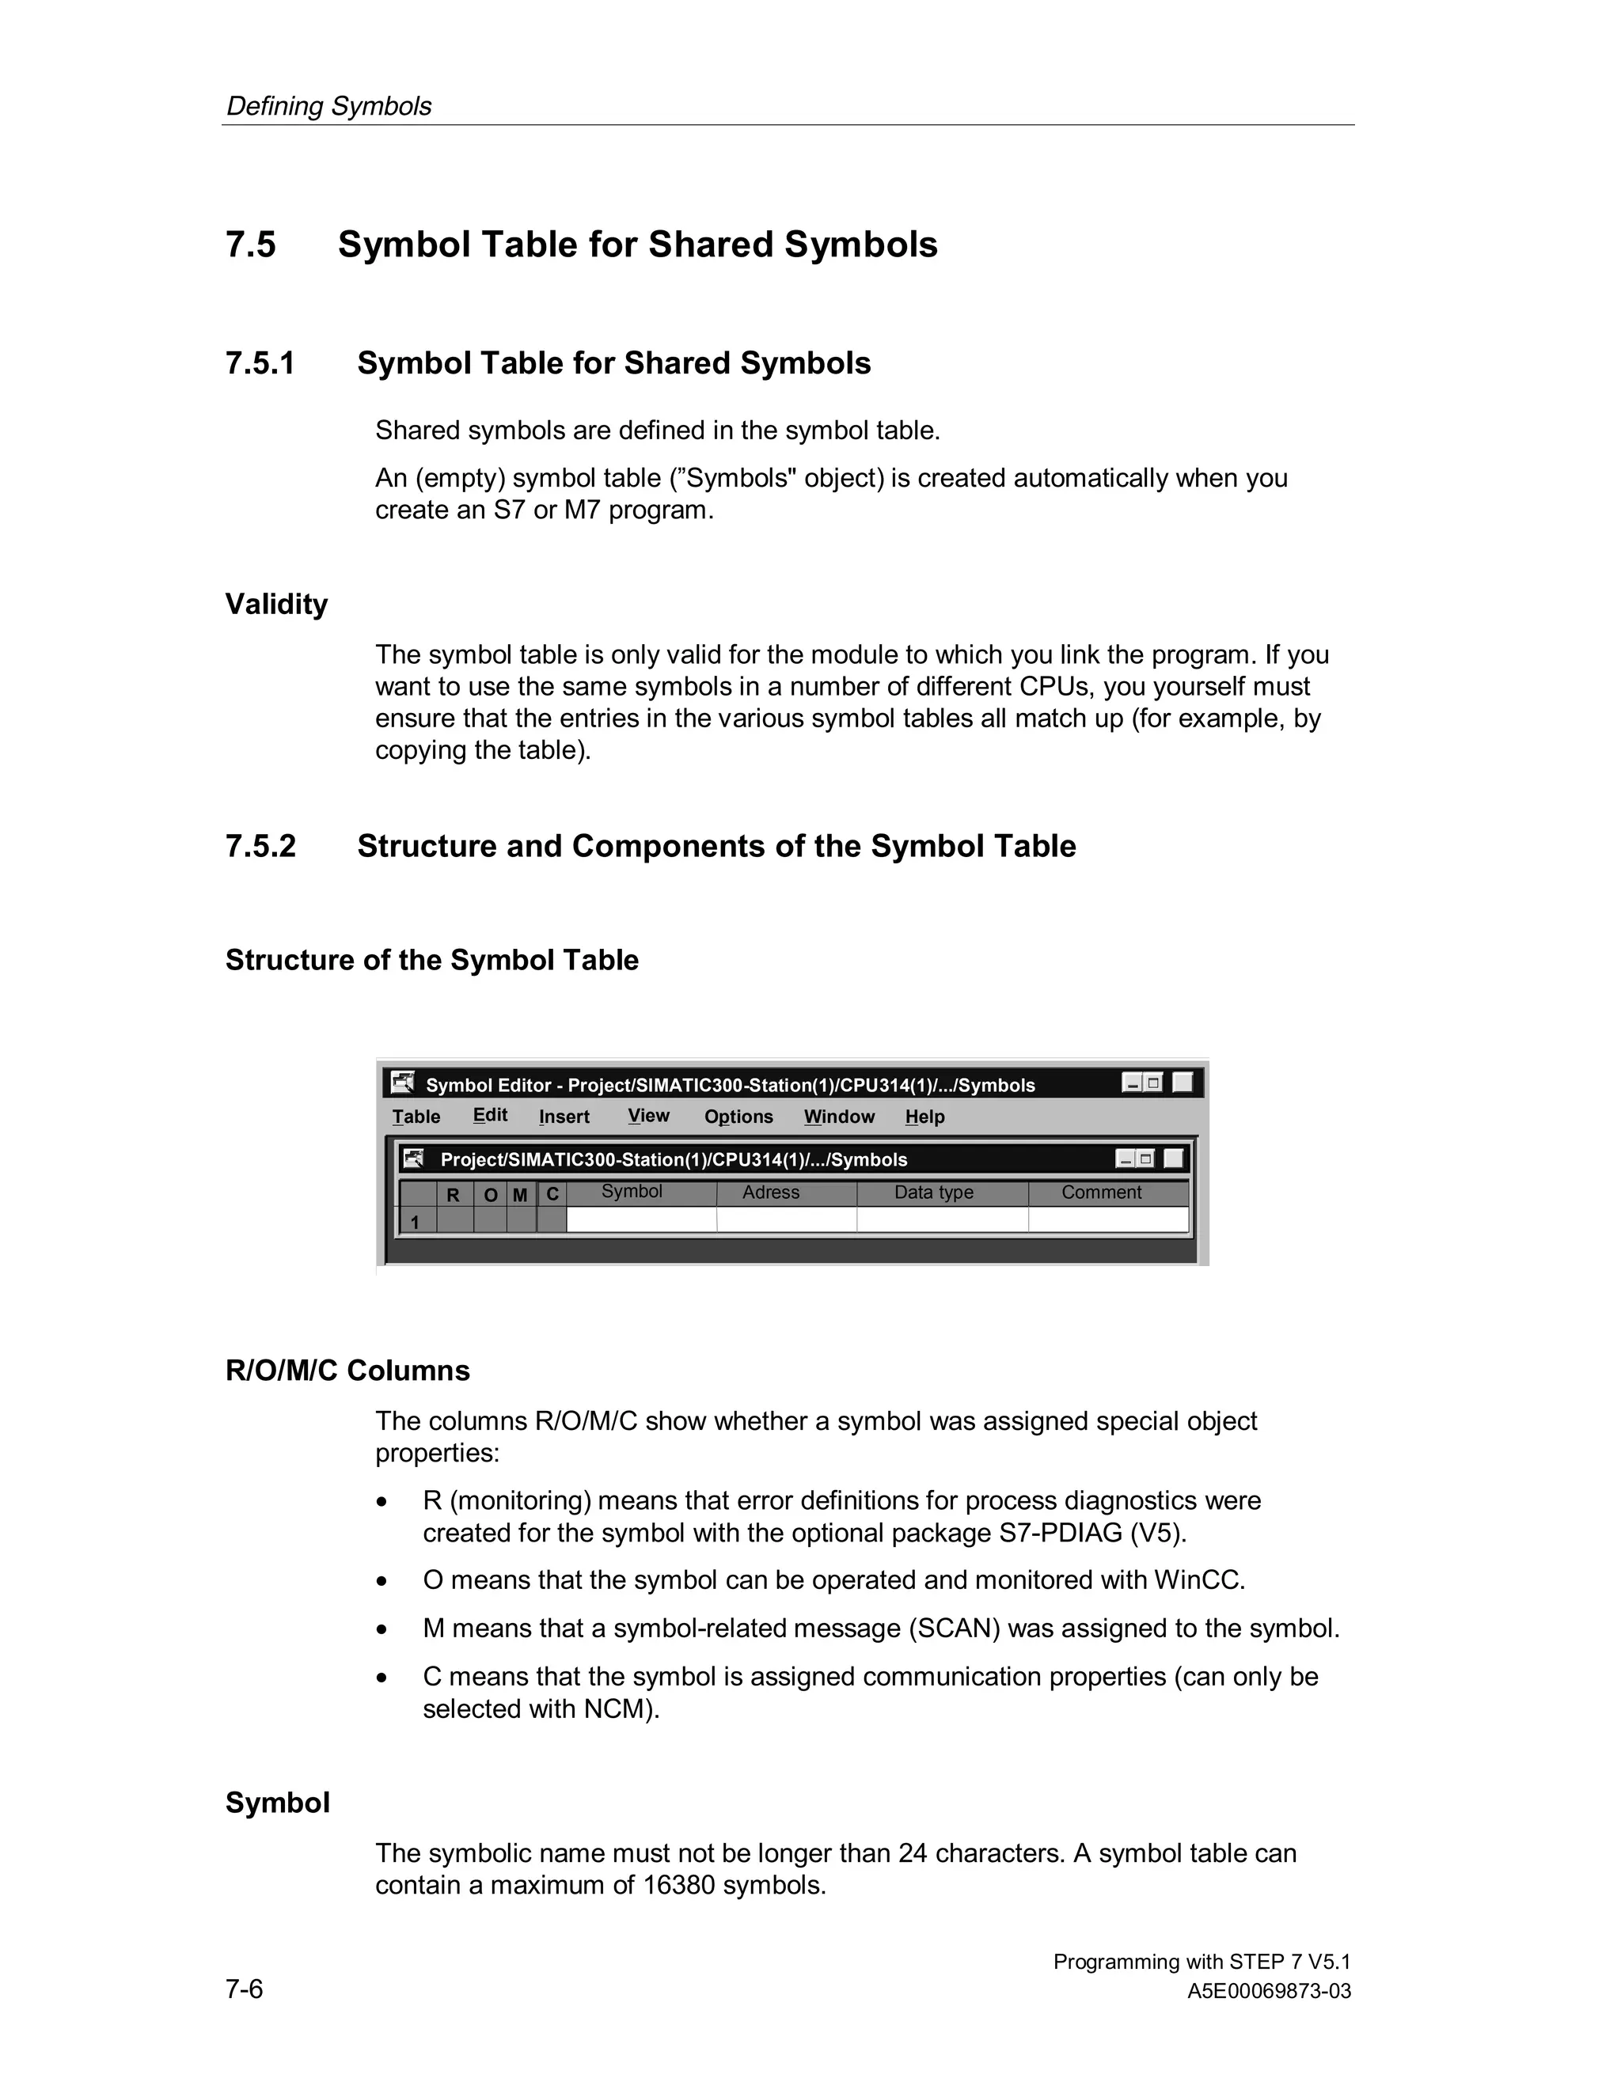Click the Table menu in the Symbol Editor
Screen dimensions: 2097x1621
coord(416,1117)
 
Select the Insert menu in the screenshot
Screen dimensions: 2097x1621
coord(564,1117)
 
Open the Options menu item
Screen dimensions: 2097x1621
coord(738,1117)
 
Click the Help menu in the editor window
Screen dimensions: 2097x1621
coord(924,1117)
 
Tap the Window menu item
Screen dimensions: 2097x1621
coord(839,1117)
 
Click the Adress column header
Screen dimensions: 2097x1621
coord(770,1193)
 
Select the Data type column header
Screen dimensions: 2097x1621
coord(933,1193)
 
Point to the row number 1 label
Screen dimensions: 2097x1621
coord(415,1223)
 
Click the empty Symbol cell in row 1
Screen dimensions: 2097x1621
coord(640,1220)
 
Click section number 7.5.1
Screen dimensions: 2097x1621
coord(260,364)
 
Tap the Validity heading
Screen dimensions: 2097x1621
coord(276,605)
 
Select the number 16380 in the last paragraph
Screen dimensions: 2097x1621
coord(678,1886)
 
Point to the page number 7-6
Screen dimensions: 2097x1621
coord(244,1989)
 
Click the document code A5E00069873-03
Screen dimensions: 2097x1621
coord(1269,1992)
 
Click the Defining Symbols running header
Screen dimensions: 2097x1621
coord(328,107)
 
